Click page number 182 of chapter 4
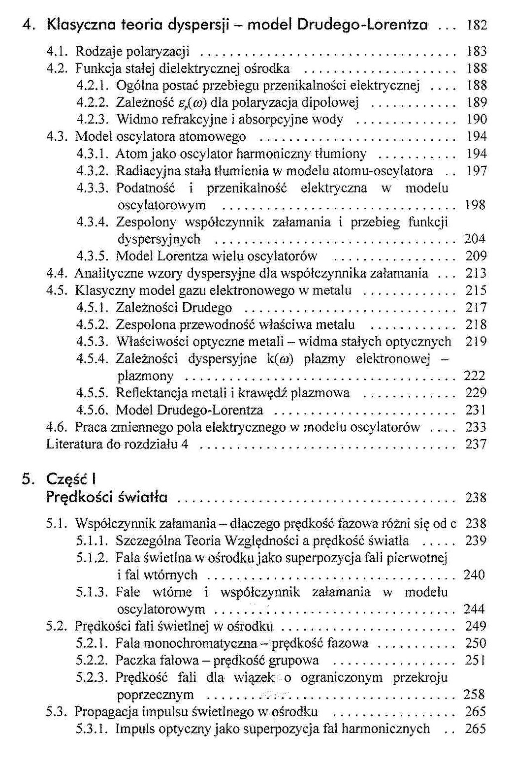pyautogui.click(x=476, y=25)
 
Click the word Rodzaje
pyautogui.click(x=98, y=52)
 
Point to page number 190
pyautogui.click(x=476, y=120)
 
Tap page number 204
pyautogui.click(x=475, y=239)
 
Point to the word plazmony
pyautogui.click(x=145, y=376)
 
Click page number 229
pyautogui.click(x=476, y=393)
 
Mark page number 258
pyautogui.click(x=474, y=695)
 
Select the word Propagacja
pyautogui.click(x=106, y=712)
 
